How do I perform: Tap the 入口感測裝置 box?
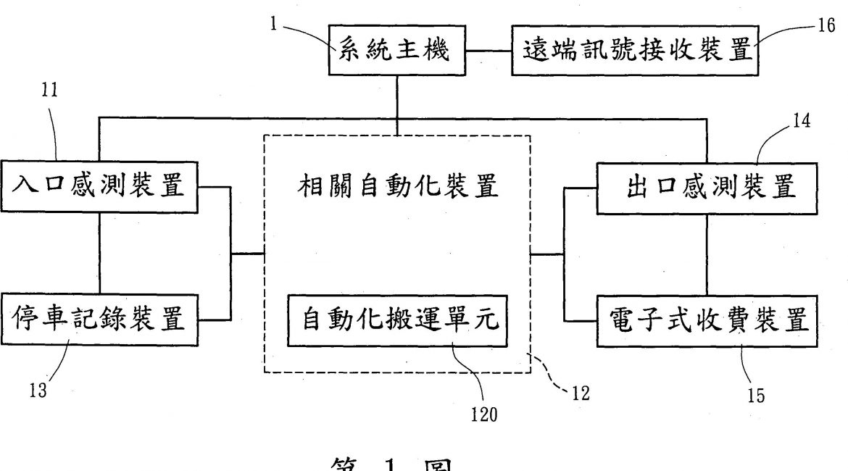tap(99, 188)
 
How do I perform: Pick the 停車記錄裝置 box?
tap(99, 320)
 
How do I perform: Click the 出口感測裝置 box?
tap(708, 188)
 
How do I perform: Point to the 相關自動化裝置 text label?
tap(399, 187)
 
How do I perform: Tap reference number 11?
tap(49, 90)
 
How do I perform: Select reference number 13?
tap(38, 391)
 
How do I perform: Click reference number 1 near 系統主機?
tap(275, 22)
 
